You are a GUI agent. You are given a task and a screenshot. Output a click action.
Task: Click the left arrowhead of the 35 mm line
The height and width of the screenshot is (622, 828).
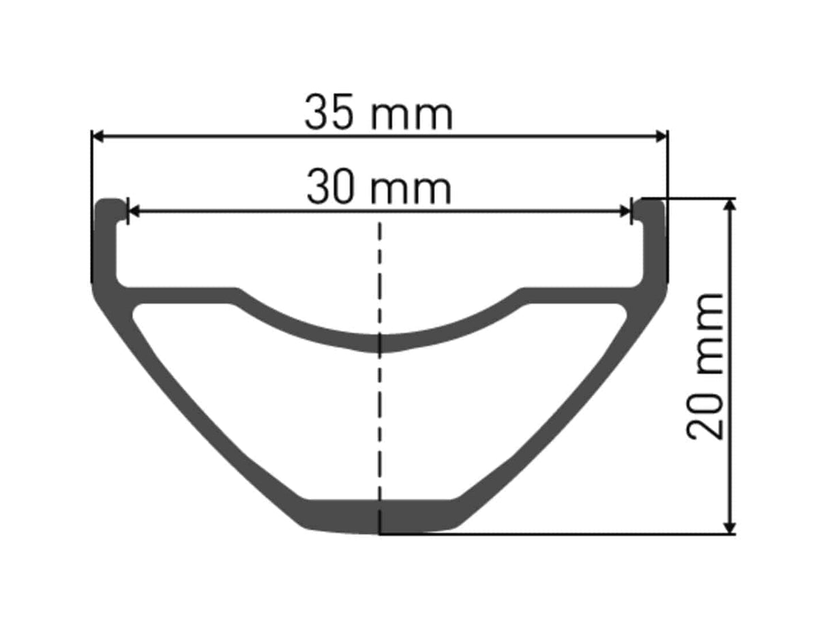point(97,137)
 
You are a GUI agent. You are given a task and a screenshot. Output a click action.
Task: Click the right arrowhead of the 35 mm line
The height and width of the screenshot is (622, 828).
point(661,137)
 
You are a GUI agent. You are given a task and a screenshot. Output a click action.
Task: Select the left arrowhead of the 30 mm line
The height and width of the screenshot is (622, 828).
point(133,212)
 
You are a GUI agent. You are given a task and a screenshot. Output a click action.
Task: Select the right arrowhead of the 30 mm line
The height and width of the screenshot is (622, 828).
point(626,212)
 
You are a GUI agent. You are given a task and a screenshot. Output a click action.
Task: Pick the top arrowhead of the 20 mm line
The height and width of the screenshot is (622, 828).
point(730,205)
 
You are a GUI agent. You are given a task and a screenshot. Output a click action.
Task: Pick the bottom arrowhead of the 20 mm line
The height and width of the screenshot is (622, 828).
point(730,528)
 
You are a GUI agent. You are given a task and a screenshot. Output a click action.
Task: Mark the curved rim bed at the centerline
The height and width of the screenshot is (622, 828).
point(380,343)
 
